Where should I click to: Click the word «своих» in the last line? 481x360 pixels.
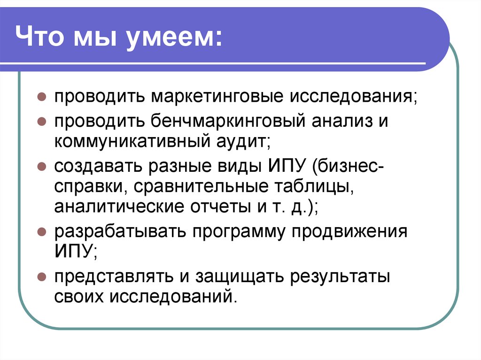tap(79, 297)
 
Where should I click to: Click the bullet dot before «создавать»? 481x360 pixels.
tap(42, 167)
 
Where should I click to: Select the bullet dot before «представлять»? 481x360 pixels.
tap(42, 277)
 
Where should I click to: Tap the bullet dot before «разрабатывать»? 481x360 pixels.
tap(42, 232)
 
